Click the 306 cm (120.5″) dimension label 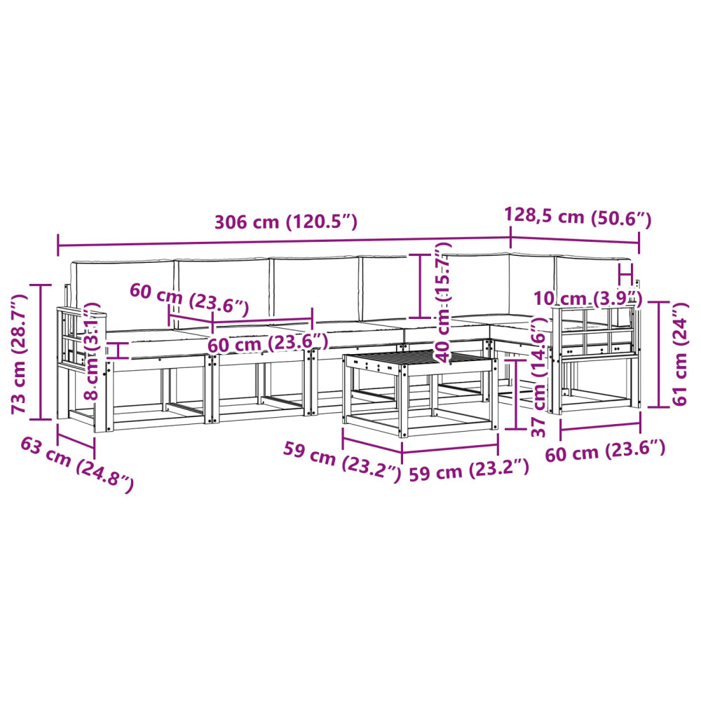[x=286, y=222]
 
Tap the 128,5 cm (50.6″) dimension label [x=578, y=217]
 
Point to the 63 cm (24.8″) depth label [x=77, y=465]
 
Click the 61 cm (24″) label [x=679, y=354]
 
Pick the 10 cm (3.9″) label [x=588, y=298]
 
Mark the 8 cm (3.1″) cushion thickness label [x=92, y=351]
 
